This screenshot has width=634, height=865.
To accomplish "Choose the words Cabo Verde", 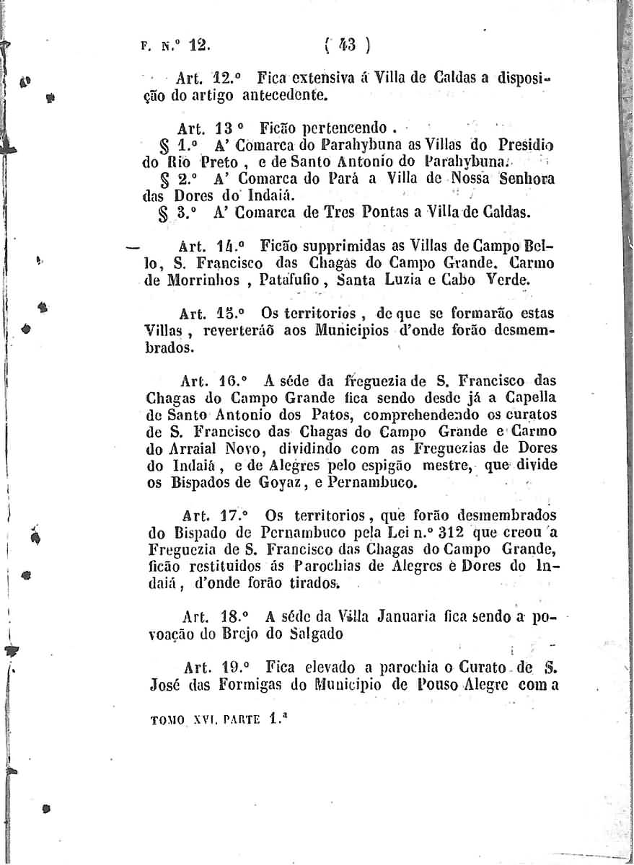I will pyautogui.click(x=497, y=280).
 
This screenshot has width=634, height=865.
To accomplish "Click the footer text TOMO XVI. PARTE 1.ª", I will pyautogui.click(x=213, y=717).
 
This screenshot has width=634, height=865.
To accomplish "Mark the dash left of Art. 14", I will pyautogui.click(x=131, y=246).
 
